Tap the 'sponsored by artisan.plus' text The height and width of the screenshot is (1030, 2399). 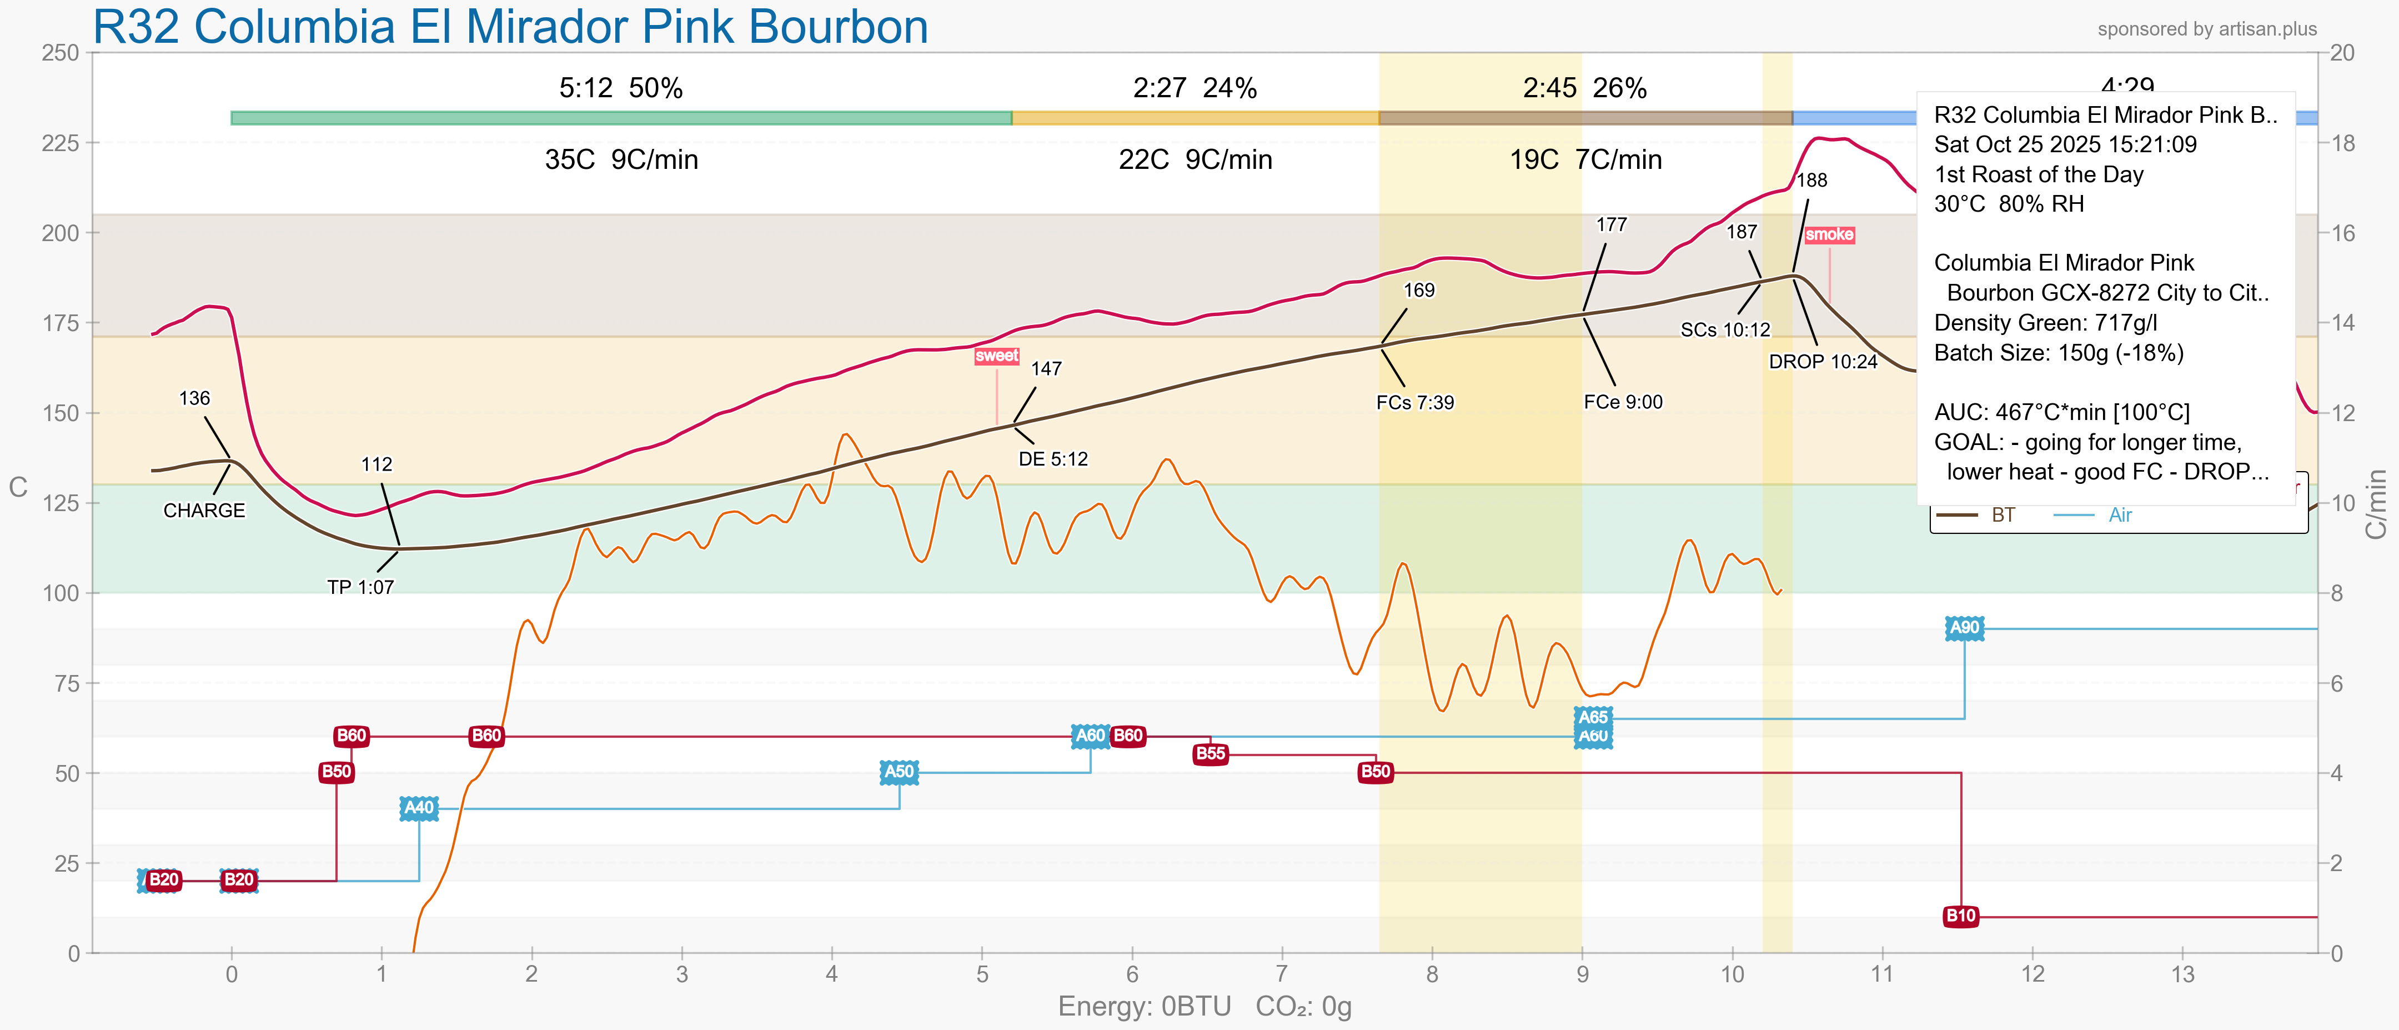(x=2206, y=29)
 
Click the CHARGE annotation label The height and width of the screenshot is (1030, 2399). (x=204, y=511)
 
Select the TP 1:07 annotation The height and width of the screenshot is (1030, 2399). (x=360, y=587)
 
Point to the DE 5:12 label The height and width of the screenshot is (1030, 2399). (x=1052, y=459)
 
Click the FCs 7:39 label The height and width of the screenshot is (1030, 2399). (x=1414, y=402)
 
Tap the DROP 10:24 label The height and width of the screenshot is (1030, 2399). (x=1823, y=361)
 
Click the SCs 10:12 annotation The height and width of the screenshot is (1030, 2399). (x=1725, y=329)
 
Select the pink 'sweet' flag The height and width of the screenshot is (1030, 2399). (x=996, y=356)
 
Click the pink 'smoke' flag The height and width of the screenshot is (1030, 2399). (x=1829, y=234)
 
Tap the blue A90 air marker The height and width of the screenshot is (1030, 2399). (x=1964, y=628)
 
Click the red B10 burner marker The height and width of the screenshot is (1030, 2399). (x=1960, y=916)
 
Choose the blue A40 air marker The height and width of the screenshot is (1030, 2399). (x=419, y=807)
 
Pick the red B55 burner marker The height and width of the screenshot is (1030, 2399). (x=1209, y=753)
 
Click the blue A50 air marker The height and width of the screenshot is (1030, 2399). (x=899, y=771)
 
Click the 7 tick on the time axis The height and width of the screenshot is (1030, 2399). (x=1282, y=974)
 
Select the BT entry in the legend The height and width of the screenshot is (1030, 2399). (x=2002, y=515)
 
